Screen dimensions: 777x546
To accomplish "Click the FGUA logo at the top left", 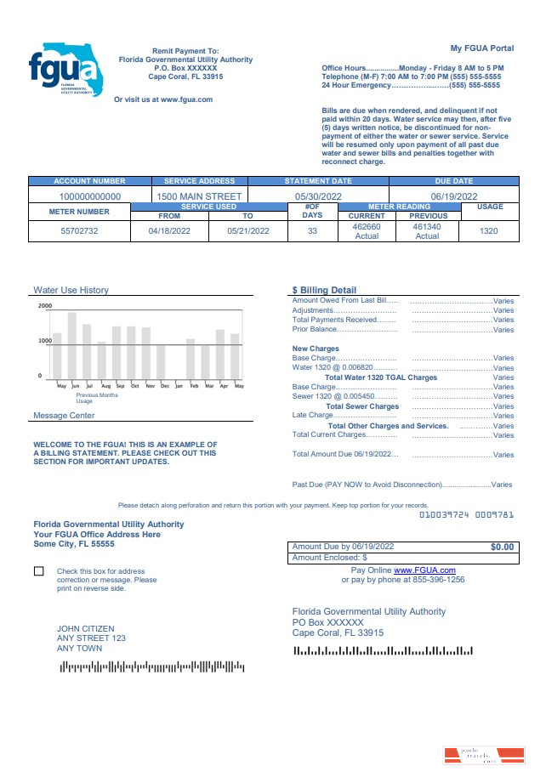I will point(65,68).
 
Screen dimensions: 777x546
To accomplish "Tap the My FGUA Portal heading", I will point(481,48).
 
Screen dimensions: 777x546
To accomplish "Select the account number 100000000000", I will point(89,196).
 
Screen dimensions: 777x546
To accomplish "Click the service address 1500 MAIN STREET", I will point(199,196).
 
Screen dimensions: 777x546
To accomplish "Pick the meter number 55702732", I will point(79,230).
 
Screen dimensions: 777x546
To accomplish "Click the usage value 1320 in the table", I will point(488,230).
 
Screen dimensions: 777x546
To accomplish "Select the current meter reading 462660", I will point(367,227).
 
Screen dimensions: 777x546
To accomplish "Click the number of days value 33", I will point(311,230).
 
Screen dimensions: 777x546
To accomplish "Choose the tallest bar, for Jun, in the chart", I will point(72,346).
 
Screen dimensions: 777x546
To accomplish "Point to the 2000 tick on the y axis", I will point(44,306).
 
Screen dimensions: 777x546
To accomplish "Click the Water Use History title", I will point(71,290).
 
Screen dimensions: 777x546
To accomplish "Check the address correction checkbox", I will point(39,571).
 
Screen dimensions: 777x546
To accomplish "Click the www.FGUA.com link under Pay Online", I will point(424,570).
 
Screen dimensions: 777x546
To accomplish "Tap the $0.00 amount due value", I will point(502,547).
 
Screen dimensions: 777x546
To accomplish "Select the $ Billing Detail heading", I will point(324,290).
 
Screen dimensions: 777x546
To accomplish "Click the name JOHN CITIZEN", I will point(85,629).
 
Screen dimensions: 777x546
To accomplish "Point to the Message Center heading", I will point(64,416).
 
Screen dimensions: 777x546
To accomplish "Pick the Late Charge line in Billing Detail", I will point(314,416).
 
